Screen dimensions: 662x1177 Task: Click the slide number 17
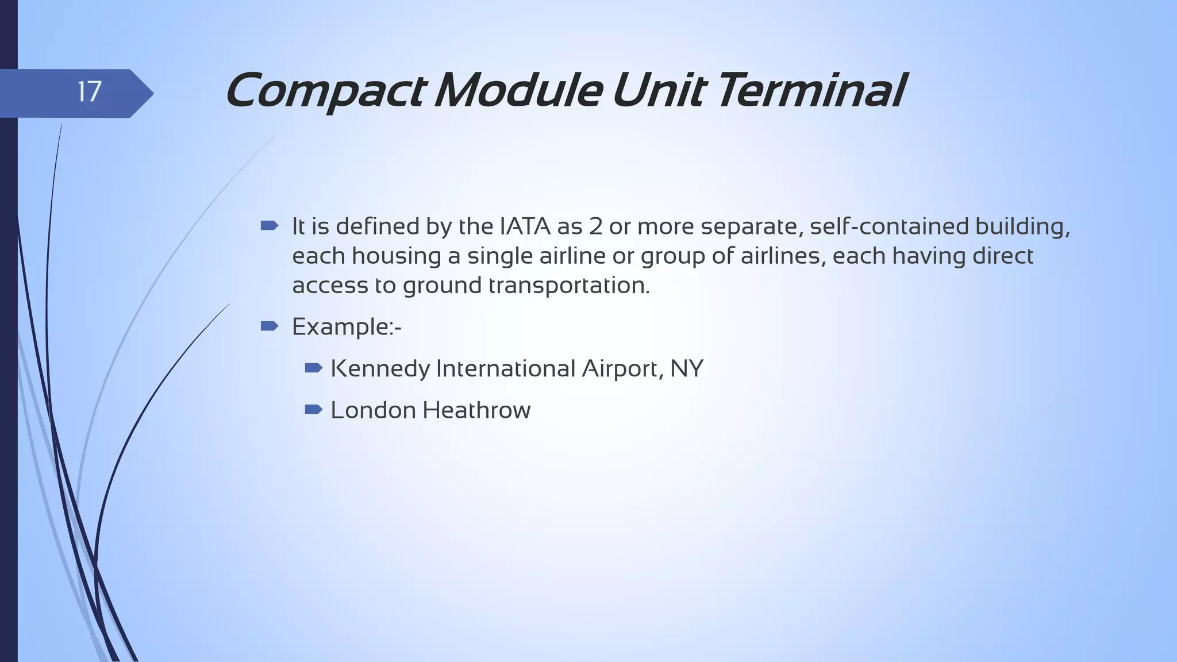pyautogui.click(x=89, y=92)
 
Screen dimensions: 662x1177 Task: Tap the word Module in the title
pyautogui.click(x=518, y=91)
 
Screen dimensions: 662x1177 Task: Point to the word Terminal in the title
pyautogui.click(x=811, y=91)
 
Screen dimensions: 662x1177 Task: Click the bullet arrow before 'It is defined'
pyautogui.click(x=269, y=225)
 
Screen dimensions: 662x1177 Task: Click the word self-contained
pyautogui.click(x=889, y=226)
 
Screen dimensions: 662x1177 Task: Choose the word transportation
pyautogui.click(x=569, y=286)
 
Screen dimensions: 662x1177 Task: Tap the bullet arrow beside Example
pyautogui.click(x=269, y=326)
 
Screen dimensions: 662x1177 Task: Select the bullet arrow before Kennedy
pyautogui.click(x=314, y=368)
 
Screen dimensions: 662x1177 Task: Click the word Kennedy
pyautogui.click(x=380, y=369)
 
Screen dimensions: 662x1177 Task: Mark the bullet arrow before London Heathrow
pyautogui.click(x=314, y=410)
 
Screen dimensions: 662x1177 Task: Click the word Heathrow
pyautogui.click(x=476, y=410)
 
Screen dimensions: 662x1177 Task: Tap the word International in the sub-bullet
pyautogui.click(x=506, y=369)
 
